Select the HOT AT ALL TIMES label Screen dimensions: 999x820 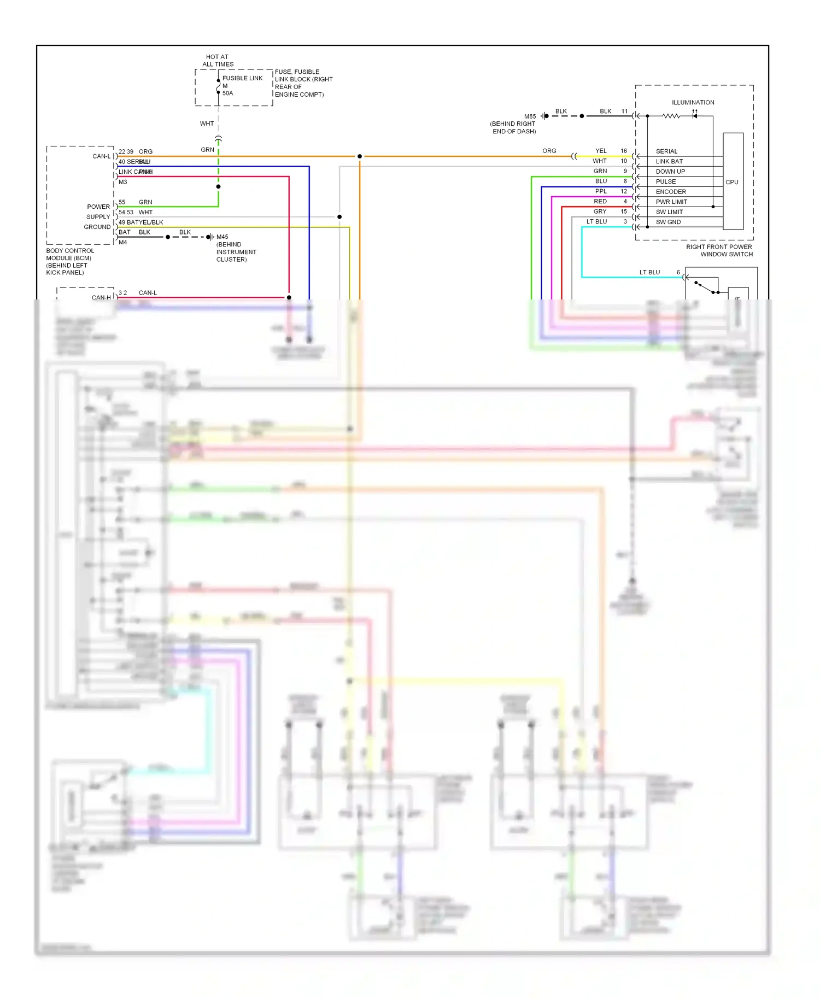(x=218, y=60)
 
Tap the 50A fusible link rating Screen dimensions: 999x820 (x=227, y=93)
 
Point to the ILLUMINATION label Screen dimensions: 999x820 (x=693, y=102)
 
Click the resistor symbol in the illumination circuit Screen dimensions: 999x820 (x=671, y=116)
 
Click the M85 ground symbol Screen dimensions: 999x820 (x=545, y=116)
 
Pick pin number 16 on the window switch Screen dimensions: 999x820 (x=623, y=151)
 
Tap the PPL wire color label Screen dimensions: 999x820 (x=601, y=191)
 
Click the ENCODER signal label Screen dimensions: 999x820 (x=670, y=192)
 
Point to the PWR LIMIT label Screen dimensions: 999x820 (x=671, y=202)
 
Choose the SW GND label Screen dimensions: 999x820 (x=668, y=222)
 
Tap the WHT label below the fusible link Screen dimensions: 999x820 (x=207, y=124)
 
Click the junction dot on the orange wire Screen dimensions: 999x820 (x=360, y=156)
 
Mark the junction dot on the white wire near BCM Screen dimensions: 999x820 (x=339, y=217)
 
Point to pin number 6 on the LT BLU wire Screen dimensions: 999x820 (x=678, y=272)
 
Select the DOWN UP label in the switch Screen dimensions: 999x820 (x=670, y=172)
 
